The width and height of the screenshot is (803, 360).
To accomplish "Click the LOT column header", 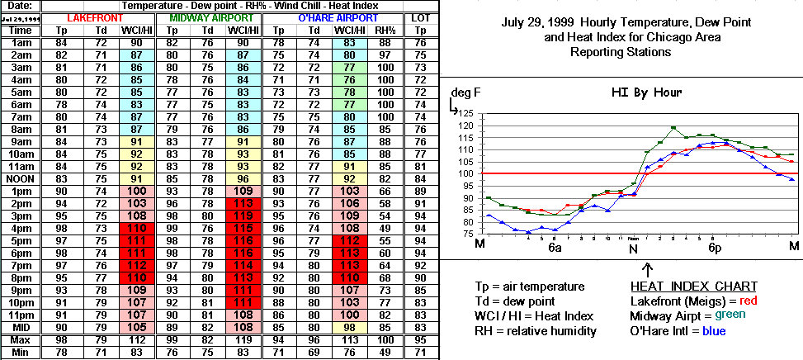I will [x=419, y=17].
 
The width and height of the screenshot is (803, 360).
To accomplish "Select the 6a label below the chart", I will [x=555, y=247].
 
